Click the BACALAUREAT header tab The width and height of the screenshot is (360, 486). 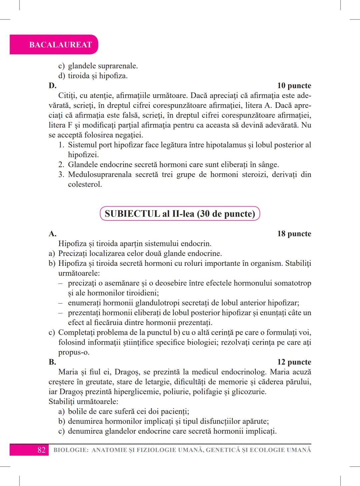tap(60, 45)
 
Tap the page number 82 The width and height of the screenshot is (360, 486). tap(41, 450)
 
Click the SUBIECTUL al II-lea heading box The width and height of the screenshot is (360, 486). tap(180, 214)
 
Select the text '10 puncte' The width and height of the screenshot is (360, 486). tap(294, 86)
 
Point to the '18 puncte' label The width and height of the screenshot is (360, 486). tap(294, 234)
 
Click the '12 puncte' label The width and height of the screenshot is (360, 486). tap(294, 362)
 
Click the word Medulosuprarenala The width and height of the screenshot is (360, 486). tap(100, 175)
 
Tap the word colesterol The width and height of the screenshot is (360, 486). tap(85, 184)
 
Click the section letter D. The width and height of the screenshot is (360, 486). tap(52, 86)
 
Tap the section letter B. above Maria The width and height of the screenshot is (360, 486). tap(52, 362)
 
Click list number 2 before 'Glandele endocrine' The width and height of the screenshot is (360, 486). tap(61, 165)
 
